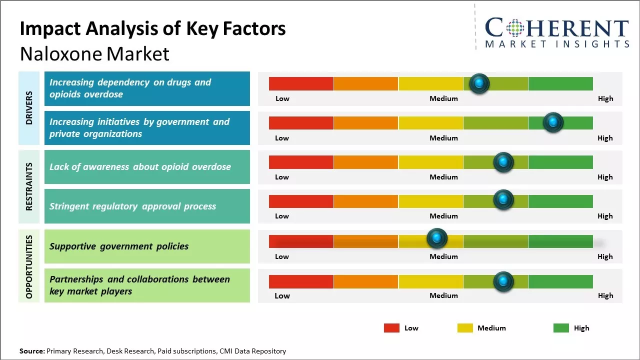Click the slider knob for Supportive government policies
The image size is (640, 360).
[x=437, y=238]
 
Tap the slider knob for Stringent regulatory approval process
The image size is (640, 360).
[x=503, y=200]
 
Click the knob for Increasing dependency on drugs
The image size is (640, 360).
[x=479, y=83]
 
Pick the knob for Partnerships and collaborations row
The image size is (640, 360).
[x=503, y=281]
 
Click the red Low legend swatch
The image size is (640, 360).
[x=391, y=328]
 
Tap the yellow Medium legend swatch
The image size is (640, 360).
[x=465, y=328]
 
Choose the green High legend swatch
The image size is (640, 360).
[x=561, y=328]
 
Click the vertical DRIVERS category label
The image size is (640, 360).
[x=29, y=108]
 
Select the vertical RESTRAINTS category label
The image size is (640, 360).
[x=29, y=186]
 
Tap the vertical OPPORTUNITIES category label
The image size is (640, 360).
[x=29, y=266]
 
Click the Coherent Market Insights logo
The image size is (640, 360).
[x=557, y=32]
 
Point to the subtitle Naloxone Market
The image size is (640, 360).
[x=94, y=54]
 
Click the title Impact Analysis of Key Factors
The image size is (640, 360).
[x=152, y=29]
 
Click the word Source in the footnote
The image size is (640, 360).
[x=31, y=351]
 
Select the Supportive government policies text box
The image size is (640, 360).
[x=147, y=246]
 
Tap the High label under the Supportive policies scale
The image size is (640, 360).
[x=605, y=256]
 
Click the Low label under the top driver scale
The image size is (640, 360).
[x=282, y=98]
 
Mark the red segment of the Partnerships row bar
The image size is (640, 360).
[x=301, y=281]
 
